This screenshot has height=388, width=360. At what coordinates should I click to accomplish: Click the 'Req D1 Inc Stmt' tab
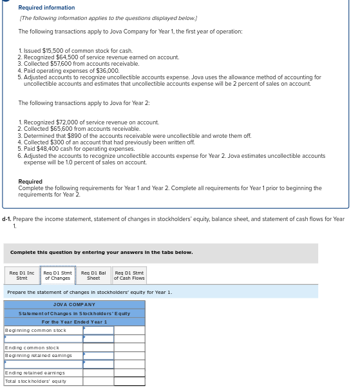pyautogui.click(x=22, y=275)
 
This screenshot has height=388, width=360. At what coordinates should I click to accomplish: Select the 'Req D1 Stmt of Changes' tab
pyautogui.click(x=58, y=275)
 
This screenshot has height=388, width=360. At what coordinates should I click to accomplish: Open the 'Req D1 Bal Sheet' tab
pyautogui.click(x=93, y=275)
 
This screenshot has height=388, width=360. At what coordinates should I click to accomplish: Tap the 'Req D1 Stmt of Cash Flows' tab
pyautogui.click(x=129, y=275)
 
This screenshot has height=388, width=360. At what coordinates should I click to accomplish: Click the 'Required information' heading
pyautogui.click(x=46, y=8)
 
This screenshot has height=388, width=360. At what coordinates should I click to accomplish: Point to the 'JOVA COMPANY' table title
pyautogui.click(x=74, y=304)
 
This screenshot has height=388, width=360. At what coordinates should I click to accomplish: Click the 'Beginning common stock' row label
pyautogui.click(x=35, y=330)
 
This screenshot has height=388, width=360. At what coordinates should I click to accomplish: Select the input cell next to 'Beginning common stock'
pyautogui.click(x=98, y=330)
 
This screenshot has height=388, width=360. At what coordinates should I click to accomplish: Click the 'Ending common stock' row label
pyautogui.click(x=32, y=347)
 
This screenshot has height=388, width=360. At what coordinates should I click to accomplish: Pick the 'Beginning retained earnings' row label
pyautogui.click(x=39, y=355)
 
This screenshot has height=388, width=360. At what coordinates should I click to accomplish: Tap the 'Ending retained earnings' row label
pyautogui.click(x=35, y=373)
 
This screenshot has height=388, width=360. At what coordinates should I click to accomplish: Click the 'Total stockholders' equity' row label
pyautogui.click(x=37, y=381)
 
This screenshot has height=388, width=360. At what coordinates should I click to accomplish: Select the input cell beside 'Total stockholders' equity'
pyautogui.click(x=129, y=381)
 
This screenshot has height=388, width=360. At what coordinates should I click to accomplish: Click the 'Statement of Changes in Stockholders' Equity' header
pyautogui.click(x=74, y=313)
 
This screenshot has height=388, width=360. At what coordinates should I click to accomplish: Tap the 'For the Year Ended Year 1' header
pyautogui.click(x=74, y=322)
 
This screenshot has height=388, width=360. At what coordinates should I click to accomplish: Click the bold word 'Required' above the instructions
pyautogui.click(x=30, y=182)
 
